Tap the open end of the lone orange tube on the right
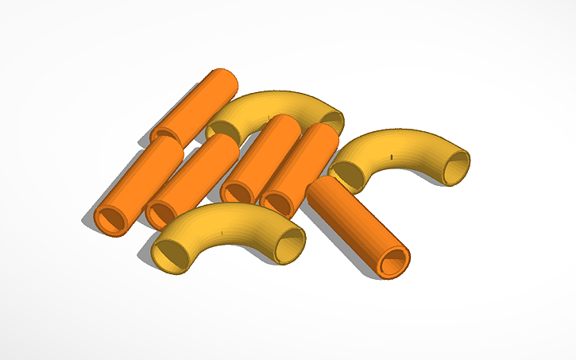coord(393,261)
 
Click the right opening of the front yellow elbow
coord(290,245)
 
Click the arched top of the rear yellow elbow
coord(274,103)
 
